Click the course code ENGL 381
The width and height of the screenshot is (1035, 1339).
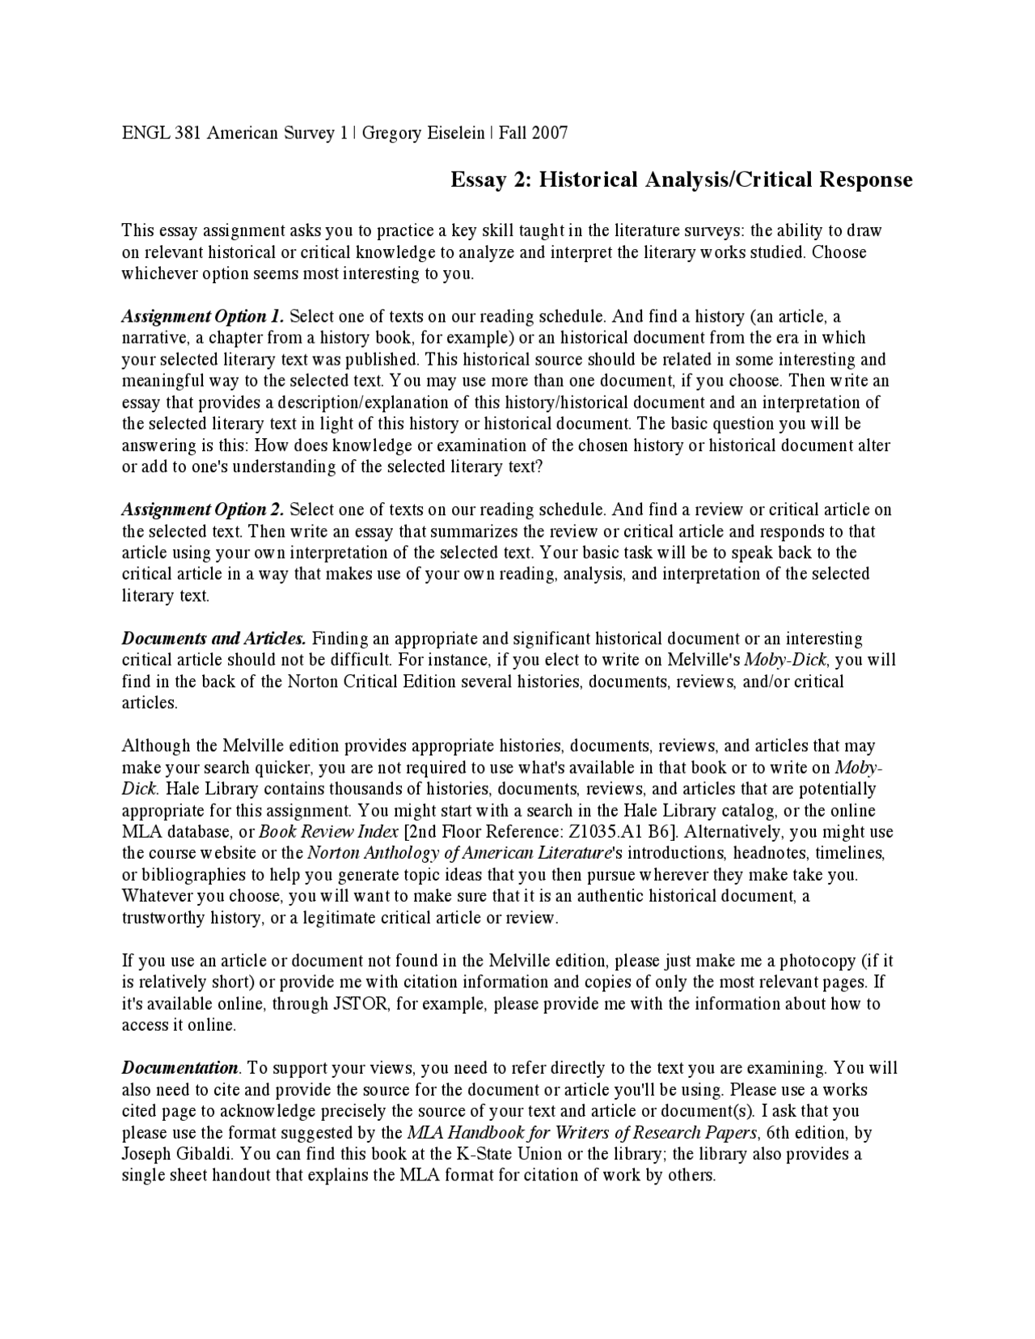(x=161, y=133)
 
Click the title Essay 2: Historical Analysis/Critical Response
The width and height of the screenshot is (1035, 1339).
(x=681, y=180)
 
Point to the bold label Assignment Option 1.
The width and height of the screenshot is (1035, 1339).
(x=203, y=316)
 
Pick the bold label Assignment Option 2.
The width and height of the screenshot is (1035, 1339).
(x=203, y=509)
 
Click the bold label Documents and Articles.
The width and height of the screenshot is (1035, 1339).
(x=213, y=639)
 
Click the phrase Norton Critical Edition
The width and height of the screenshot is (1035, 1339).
(x=372, y=682)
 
